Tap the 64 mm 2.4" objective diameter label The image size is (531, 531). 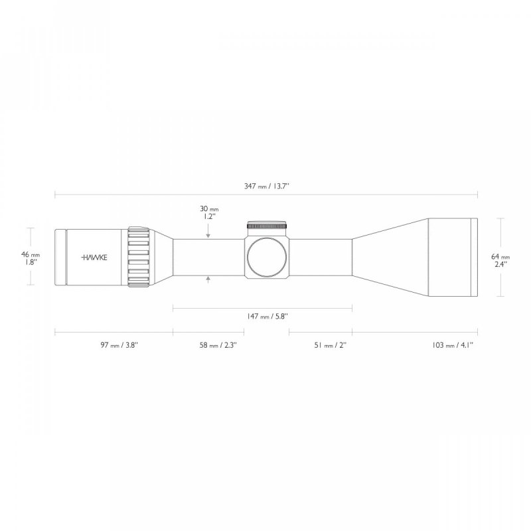point(501,260)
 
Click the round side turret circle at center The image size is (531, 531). point(269,258)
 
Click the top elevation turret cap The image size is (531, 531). point(268,226)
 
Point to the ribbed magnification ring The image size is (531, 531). point(137,258)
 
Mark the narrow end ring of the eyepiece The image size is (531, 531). point(60,258)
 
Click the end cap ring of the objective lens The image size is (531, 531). point(474,258)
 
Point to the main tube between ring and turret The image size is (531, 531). point(206,258)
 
